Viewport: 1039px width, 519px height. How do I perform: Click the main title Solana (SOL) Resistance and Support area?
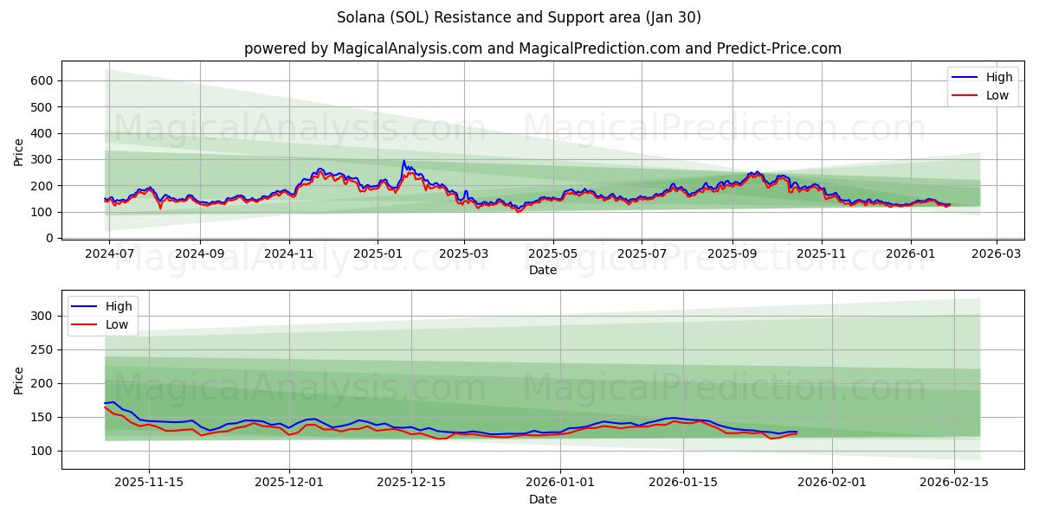click(x=519, y=17)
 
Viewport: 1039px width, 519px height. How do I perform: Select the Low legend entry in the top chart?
click(x=997, y=95)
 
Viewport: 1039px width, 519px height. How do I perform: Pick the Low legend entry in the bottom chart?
click(x=117, y=324)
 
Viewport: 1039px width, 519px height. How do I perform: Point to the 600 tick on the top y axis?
click(x=45, y=80)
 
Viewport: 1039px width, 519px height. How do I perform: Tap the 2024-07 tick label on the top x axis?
click(x=110, y=254)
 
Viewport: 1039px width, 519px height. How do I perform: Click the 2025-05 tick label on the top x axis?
click(x=552, y=254)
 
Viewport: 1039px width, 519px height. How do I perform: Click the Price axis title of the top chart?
click(x=19, y=152)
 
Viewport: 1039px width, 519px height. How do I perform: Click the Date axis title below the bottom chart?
click(x=543, y=499)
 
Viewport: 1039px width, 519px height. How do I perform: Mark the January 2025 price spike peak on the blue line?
click(x=403, y=161)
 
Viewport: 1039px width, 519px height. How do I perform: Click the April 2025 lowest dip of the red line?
click(x=518, y=212)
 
